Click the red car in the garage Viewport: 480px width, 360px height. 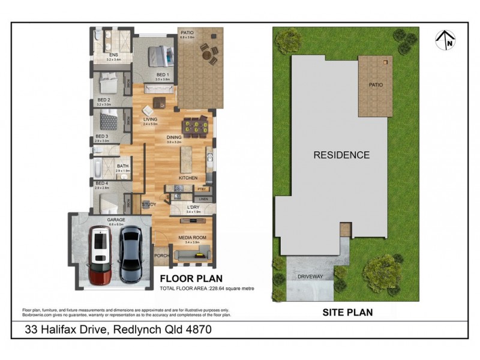(x=101, y=254)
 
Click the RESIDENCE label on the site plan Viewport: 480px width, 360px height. (x=341, y=155)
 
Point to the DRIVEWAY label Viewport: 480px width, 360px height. (x=310, y=277)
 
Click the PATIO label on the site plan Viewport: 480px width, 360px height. (x=376, y=85)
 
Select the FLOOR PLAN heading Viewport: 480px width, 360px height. (x=191, y=278)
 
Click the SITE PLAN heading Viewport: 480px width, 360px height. (x=347, y=312)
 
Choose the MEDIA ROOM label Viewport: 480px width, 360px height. (x=193, y=238)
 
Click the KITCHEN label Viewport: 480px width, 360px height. (x=188, y=178)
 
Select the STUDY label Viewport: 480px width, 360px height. (x=149, y=205)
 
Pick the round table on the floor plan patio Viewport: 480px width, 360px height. (x=209, y=56)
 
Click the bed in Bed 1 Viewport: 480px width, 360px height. (x=158, y=56)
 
